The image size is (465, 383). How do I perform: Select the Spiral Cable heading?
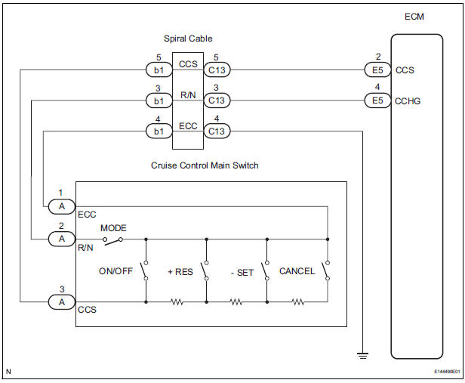click(x=187, y=39)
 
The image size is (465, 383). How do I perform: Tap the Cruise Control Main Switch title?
click(x=205, y=165)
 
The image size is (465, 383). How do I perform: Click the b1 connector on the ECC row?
click(x=158, y=131)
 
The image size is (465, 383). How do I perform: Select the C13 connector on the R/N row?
click(x=217, y=100)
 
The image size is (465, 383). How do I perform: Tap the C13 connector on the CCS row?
click(x=217, y=70)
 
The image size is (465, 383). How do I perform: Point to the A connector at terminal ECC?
click(x=61, y=205)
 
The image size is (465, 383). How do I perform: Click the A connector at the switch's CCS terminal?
click(x=61, y=301)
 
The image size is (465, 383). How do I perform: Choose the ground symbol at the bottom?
click(x=363, y=353)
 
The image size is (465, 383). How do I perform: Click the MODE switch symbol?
click(x=112, y=239)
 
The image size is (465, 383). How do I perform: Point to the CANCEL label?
click(x=297, y=271)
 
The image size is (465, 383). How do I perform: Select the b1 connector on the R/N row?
click(x=158, y=100)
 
